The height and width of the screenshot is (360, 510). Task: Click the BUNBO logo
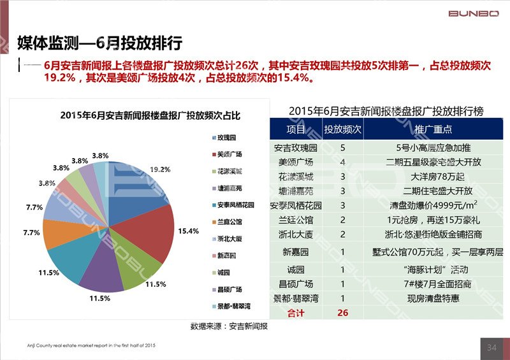click(x=474, y=13)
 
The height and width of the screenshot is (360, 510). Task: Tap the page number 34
click(x=492, y=348)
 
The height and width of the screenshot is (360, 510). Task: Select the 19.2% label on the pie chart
click(x=160, y=169)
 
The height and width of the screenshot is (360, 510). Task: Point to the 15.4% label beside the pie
click(x=189, y=231)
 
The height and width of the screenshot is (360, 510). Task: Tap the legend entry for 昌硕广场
click(x=229, y=289)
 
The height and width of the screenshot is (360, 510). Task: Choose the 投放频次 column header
click(x=343, y=129)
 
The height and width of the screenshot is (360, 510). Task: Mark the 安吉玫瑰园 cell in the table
click(x=295, y=148)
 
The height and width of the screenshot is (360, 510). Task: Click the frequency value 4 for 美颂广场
click(x=343, y=162)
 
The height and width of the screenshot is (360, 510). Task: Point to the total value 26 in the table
click(x=343, y=313)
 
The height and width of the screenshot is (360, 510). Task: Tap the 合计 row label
click(x=295, y=313)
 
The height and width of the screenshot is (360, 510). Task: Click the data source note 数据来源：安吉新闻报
click(x=229, y=326)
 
